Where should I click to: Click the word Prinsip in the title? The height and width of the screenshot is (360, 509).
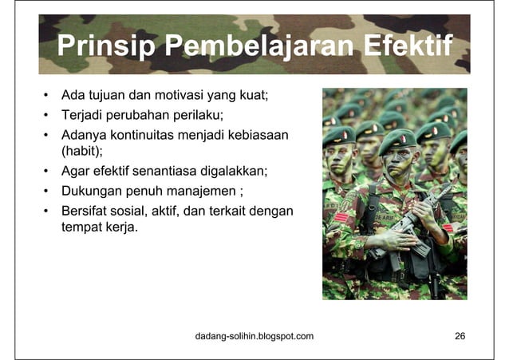click(x=105, y=46)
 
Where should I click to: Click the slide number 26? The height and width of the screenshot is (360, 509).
click(x=460, y=336)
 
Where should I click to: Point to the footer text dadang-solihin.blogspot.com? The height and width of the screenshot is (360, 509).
click(x=254, y=336)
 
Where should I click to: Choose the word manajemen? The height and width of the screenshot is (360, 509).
click(x=208, y=192)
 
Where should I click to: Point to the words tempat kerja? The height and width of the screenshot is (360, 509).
click(x=100, y=229)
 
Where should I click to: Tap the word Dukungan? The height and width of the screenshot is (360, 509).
click(x=93, y=192)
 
